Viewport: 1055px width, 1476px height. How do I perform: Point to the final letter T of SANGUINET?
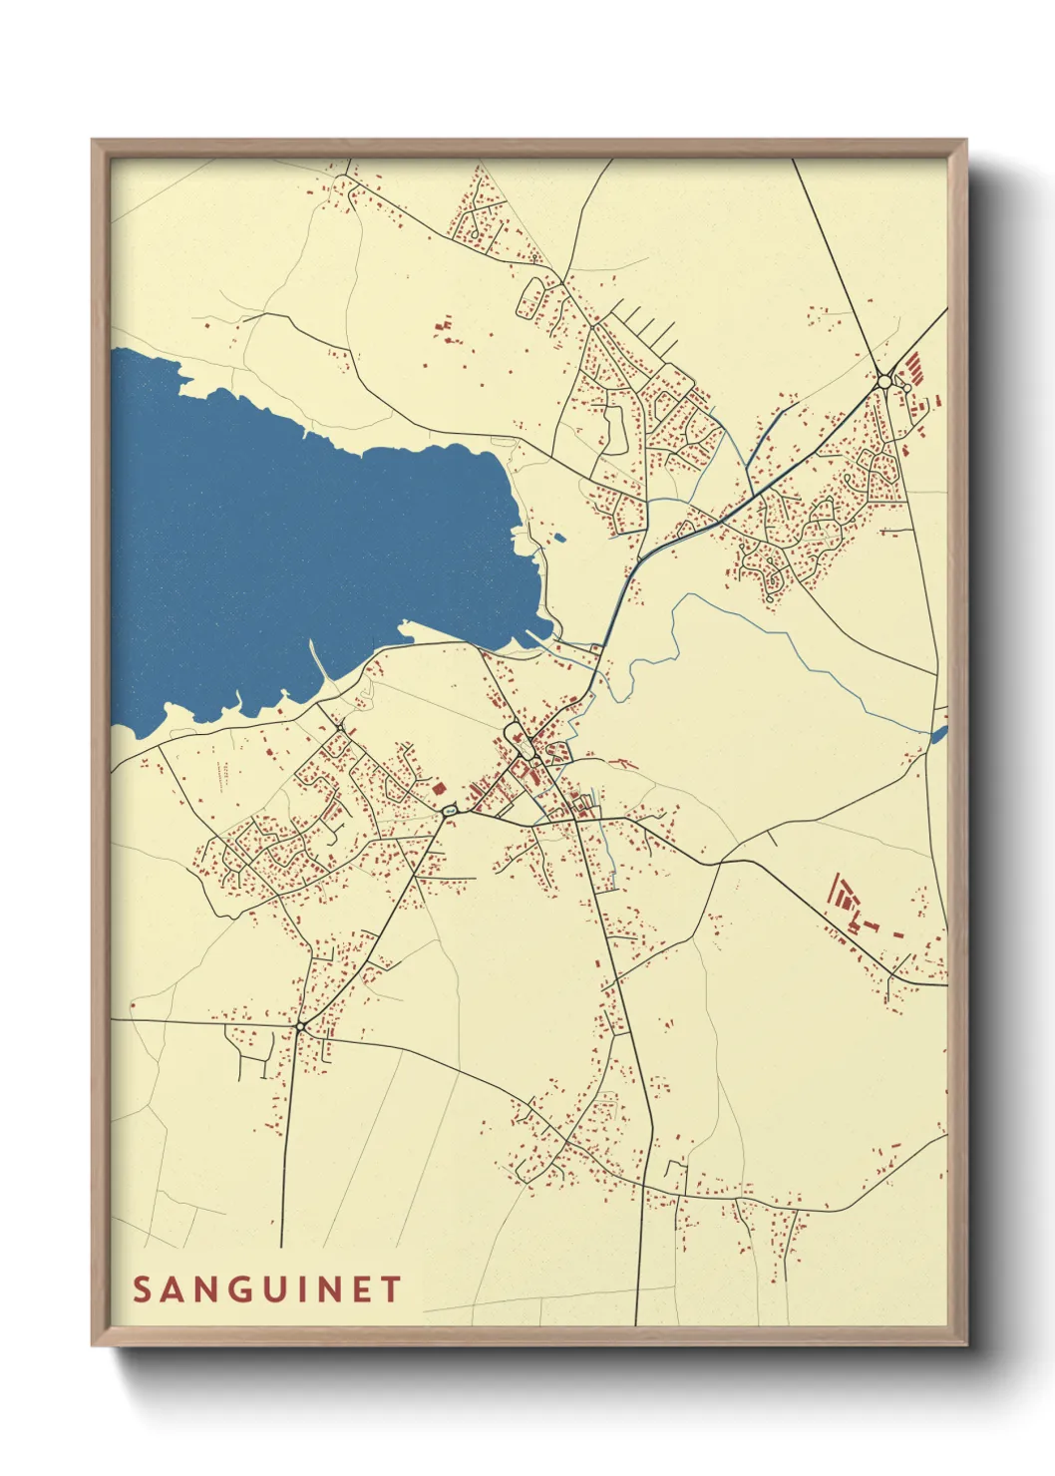coord(390,1290)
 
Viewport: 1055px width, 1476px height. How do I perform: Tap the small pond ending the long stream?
coord(937,735)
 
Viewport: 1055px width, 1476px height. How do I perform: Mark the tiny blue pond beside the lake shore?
coord(559,539)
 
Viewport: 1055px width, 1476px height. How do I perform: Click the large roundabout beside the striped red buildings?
coord(883,381)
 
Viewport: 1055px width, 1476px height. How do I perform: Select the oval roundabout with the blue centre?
coord(449,812)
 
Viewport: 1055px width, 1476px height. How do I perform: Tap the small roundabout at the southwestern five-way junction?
coord(300,1025)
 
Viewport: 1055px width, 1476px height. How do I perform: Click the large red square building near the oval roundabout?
coord(438,787)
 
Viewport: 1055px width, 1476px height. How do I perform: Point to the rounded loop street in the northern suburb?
coord(530,296)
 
